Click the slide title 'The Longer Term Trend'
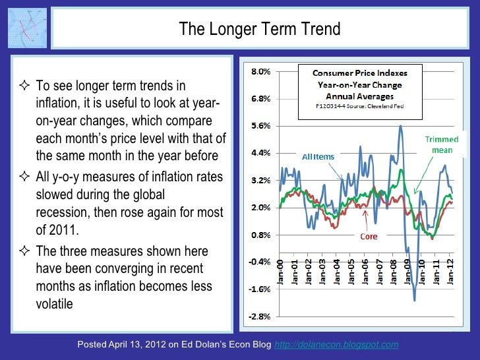[260, 29]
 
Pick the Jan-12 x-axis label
[451, 272]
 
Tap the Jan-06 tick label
[365, 272]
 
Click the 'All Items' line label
[318, 157]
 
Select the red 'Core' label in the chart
[369, 237]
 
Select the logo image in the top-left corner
[27, 28]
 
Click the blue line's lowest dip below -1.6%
[415, 300]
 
